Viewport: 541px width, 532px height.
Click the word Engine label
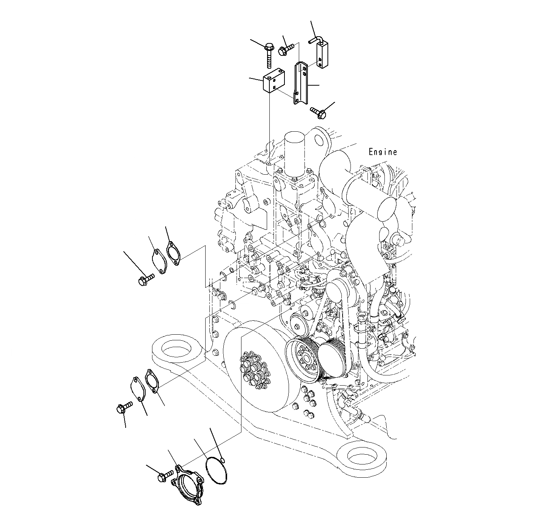(x=383, y=152)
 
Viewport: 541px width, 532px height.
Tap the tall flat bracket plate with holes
(x=301, y=83)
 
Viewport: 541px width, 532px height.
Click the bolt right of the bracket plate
(x=317, y=111)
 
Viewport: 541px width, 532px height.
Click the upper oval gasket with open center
(x=173, y=253)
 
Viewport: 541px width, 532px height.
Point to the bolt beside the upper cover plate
(x=145, y=279)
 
